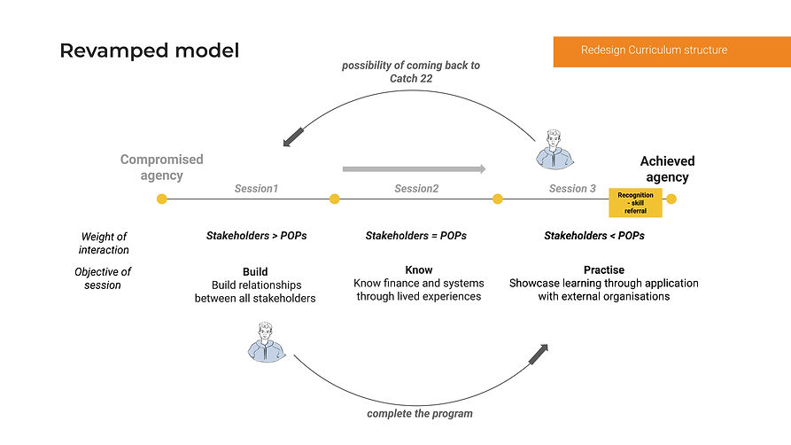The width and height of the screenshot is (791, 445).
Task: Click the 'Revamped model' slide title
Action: click(149, 51)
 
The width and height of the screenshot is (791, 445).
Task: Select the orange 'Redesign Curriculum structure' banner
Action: click(654, 51)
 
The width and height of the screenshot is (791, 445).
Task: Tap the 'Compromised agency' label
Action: click(161, 168)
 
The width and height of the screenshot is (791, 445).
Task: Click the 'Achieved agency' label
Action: click(667, 168)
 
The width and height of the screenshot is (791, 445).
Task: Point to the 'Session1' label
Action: click(256, 189)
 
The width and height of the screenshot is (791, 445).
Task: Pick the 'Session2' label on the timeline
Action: click(416, 189)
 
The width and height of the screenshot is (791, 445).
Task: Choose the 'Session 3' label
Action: click(572, 189)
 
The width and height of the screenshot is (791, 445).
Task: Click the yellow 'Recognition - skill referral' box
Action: click(635, 202)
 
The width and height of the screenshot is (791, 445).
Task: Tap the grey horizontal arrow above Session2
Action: click(414, 168)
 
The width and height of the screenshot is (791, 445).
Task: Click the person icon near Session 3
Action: click(555, 149)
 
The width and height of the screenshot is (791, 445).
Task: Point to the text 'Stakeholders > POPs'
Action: click(256, 236)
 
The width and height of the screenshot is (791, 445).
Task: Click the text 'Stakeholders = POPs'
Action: click(415, 236)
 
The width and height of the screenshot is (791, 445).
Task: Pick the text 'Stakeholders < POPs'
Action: click(594, 236)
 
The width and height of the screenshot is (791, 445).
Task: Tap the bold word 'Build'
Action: click(255, 272)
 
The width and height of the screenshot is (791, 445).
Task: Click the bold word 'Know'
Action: click(419, 269)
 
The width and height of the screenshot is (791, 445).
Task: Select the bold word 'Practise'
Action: click(604, 269)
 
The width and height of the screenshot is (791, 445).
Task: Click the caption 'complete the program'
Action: click(420, 413)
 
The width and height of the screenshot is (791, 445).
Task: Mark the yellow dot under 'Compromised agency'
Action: click(161, 199)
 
